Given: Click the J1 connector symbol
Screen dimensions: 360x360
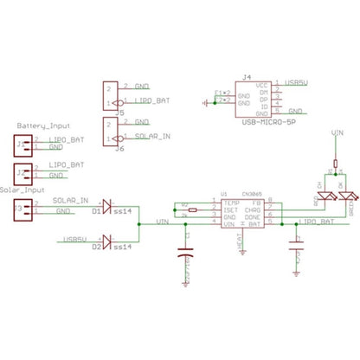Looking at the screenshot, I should [x=23, y=143].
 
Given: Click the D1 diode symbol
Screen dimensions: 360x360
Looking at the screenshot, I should [x=108, y=207].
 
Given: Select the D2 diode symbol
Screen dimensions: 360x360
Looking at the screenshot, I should [x=108, y=239].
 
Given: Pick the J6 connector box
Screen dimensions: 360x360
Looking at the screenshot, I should [x=110, y=130].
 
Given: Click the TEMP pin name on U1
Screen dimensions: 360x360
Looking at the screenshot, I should [x=230, y=202].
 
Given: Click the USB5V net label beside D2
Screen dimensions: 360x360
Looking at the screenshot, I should [x=75, y=238].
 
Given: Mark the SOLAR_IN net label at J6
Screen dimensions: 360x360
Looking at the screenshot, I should [x=152, y=137].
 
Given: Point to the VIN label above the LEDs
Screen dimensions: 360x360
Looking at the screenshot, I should [x=337, y=135].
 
